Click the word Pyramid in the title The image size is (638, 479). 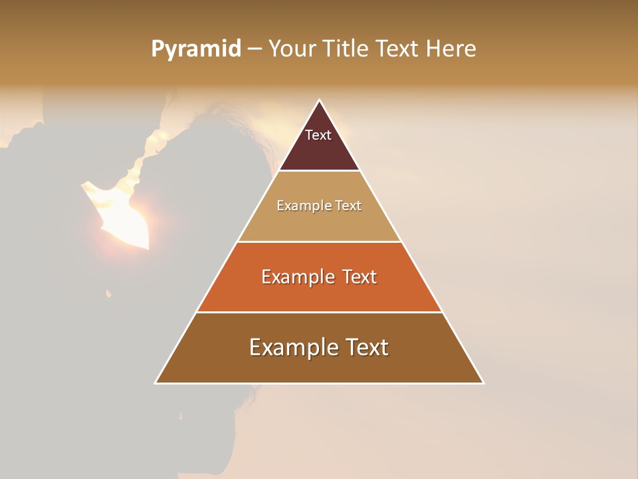pyautogui.click(x=195, y=49)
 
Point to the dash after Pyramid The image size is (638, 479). pyautogui.click(x=255, y=49)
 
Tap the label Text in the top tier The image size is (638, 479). pyautogui.click(x=318, y=135)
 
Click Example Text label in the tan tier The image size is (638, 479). pyautogui.click(x=319, y=206)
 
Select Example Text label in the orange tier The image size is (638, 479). pyautogui.click(x=319, y=277)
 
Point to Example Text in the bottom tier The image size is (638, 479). pyautogui.click(x=319, y=347)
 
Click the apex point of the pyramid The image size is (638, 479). pyautogui.click(x=320, y=100)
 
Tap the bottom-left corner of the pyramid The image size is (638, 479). pyautogui.click(x=156, y=383)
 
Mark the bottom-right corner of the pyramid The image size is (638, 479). pyautogui.click(x=482, y=383)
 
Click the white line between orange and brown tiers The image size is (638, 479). pyautogui.click(x=319, y=312)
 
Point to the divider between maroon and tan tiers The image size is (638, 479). pyautogui.click(x=319, y=170)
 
